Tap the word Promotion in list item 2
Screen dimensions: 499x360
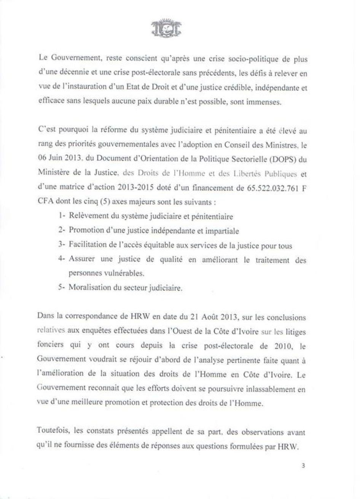click(85, 231)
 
